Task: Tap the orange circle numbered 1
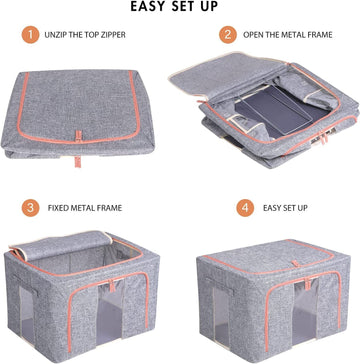(x=30, y=35)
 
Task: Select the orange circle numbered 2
(x=228, y=35)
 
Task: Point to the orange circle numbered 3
(x=30, y=209)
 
